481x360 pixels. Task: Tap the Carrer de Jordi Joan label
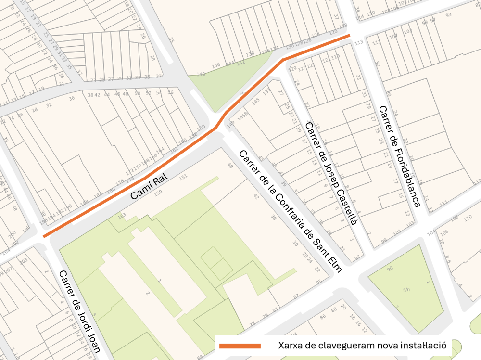(x=79, y=311)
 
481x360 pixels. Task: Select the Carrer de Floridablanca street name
(x=399, y=156)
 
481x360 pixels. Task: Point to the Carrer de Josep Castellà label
(x=331, y=173)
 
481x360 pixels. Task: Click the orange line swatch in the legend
(x=240, y=346)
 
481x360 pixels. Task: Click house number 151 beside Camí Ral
(x=183, y=177)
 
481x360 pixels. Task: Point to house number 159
(x=158, y=193)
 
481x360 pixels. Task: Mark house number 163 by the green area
(x=122, y=215)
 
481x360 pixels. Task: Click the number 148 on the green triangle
(x=201, y=74)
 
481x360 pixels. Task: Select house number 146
(x=215, y=65)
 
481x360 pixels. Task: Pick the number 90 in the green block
(x=390, y=268)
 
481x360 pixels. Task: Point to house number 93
(x=448, y=15)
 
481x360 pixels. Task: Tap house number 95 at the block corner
(x=318, y=282)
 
